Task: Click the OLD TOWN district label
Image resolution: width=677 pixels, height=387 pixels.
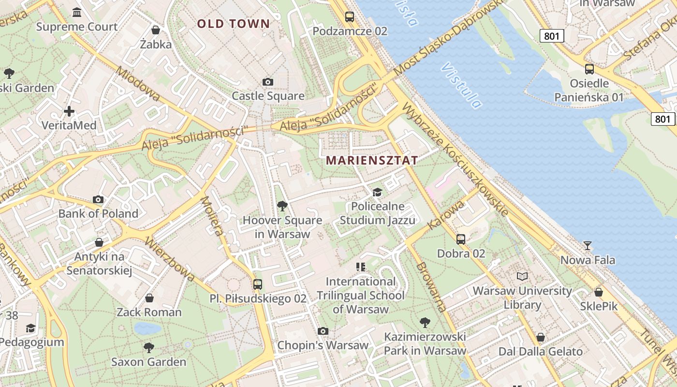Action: pos(233,23)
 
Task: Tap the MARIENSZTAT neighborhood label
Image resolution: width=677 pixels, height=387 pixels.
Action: pos(372,160)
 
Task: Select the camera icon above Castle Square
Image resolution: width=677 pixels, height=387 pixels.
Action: pos(268,82)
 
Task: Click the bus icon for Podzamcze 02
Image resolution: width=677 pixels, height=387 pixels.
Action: pos(349,17)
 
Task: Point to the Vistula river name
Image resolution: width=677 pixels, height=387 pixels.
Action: pos(461,85)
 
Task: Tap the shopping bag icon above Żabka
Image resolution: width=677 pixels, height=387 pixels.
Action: pos(156,30)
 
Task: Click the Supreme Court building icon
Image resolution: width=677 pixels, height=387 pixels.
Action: pos(76,12)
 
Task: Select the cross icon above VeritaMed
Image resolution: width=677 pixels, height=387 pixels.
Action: pos(69,111)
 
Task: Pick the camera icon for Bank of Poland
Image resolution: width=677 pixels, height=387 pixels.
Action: pos(98,199)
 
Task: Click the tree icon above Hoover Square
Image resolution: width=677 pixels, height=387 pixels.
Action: pos(282,207)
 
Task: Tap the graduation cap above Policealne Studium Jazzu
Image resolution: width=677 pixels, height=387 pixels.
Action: pos(377,193)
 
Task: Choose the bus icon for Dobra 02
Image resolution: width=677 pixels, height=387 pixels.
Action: pos(461,239)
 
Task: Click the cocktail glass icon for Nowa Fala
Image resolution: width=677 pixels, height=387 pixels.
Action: pos(588,246)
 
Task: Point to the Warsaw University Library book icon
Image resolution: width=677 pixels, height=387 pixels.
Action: pos(522,277)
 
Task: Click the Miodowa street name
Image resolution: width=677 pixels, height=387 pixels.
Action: pos(138,84)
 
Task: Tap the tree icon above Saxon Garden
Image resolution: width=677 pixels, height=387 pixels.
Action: pos(149,347)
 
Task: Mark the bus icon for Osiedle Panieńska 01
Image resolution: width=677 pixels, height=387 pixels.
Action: pos(589,69)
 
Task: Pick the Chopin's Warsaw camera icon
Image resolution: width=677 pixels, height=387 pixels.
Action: pos(323,331)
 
